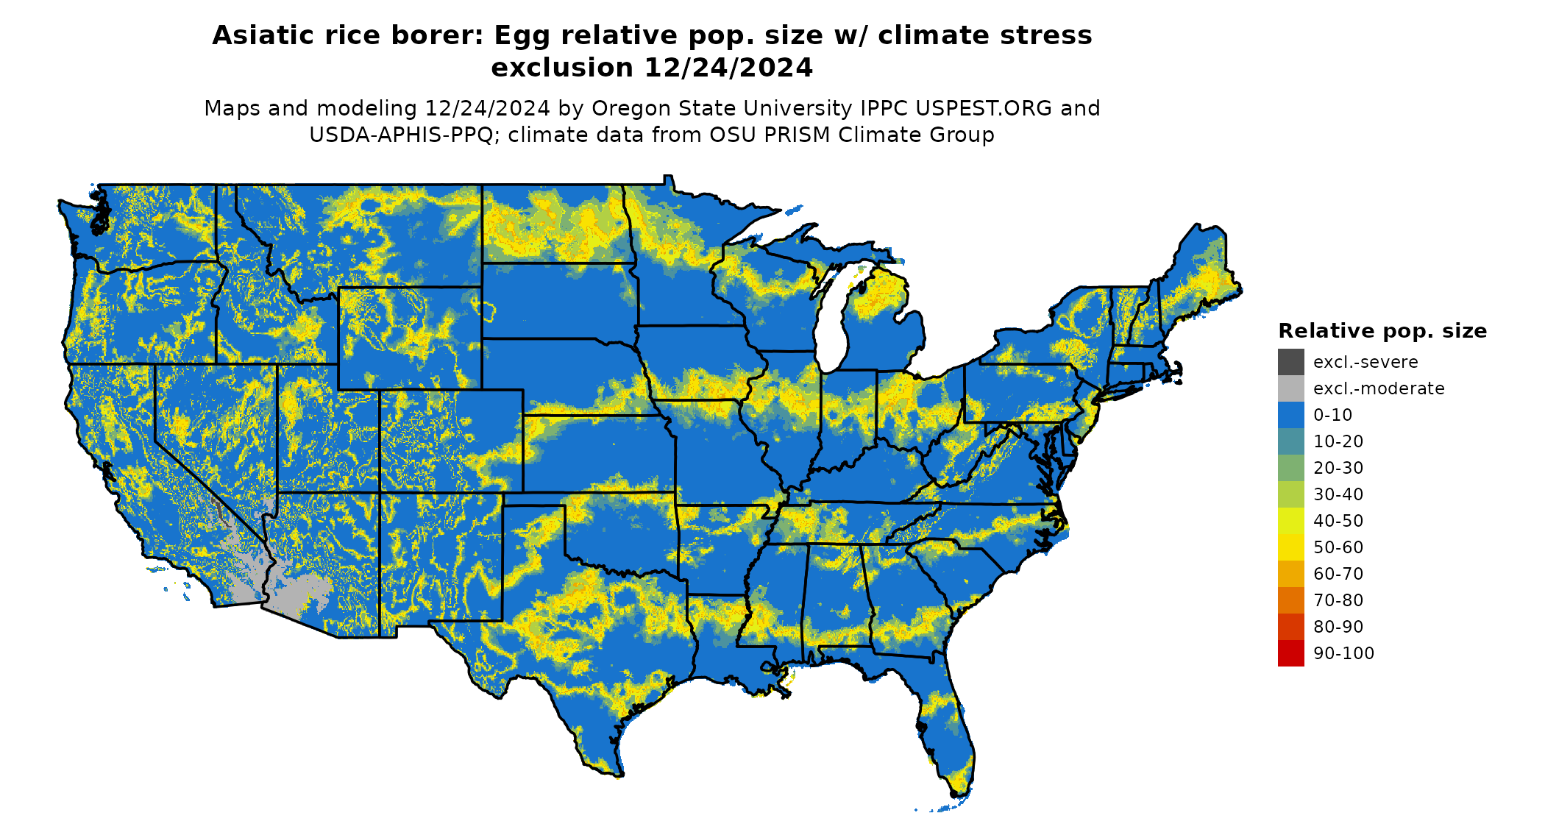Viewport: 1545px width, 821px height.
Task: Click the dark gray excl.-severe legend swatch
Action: [x=1290, y=362]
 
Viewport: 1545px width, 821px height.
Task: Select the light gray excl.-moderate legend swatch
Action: [x=1290, y=388]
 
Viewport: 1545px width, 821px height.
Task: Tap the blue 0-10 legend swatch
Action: [x=1290, y=415]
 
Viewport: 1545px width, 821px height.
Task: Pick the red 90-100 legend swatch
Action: [x=1290, y=653]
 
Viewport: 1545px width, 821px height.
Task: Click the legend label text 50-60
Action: [x=1338, y=547]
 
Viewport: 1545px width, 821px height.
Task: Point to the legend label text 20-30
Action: [x=1338, y=468]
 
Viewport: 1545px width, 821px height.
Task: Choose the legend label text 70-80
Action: [x=1338, y=600]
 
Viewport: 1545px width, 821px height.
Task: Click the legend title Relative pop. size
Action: [x=1382, y=331]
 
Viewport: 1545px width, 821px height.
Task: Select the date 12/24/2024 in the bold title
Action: [x=728, y=68]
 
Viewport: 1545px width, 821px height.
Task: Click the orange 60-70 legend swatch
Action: [x=1290, y=574]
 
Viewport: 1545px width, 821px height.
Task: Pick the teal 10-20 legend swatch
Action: [x=1290, y=441]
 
